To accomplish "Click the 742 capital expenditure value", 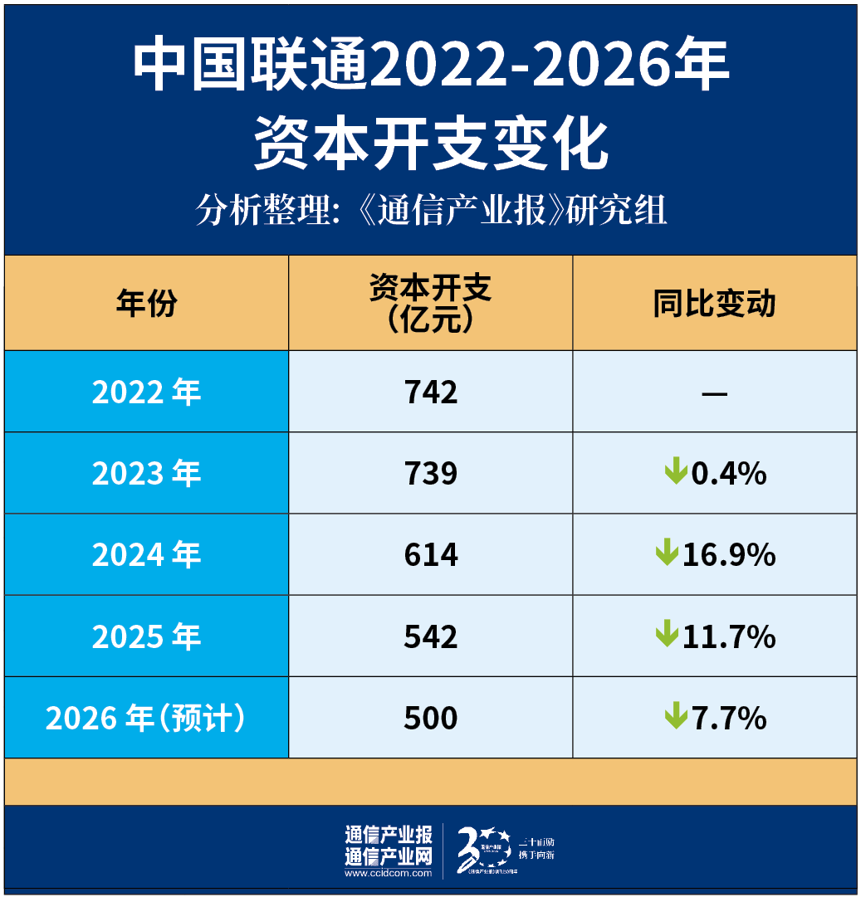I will (431, 392).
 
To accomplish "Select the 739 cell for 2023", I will (431, 473).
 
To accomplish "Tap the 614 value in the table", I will (431, 554).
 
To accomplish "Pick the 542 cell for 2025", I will (431, 636).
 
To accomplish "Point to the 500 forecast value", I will (431, 718).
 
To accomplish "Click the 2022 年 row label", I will (146, 392).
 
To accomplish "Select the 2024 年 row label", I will (146, 554).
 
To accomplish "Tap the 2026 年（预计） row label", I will (146, 718).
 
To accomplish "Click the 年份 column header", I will (146, 304).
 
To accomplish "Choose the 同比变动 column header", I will (714, 304).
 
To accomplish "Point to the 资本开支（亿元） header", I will (431, 303).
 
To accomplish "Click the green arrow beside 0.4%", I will (676, 472).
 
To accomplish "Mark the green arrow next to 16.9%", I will (667, 553).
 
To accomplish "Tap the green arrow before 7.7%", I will (676, 716).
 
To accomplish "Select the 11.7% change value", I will (728, 636).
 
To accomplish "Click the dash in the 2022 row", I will (714, 392).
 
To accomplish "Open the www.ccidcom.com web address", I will (388, 873).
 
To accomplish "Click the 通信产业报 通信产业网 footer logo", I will (388, 846).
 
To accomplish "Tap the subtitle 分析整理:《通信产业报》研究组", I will (431, 211).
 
